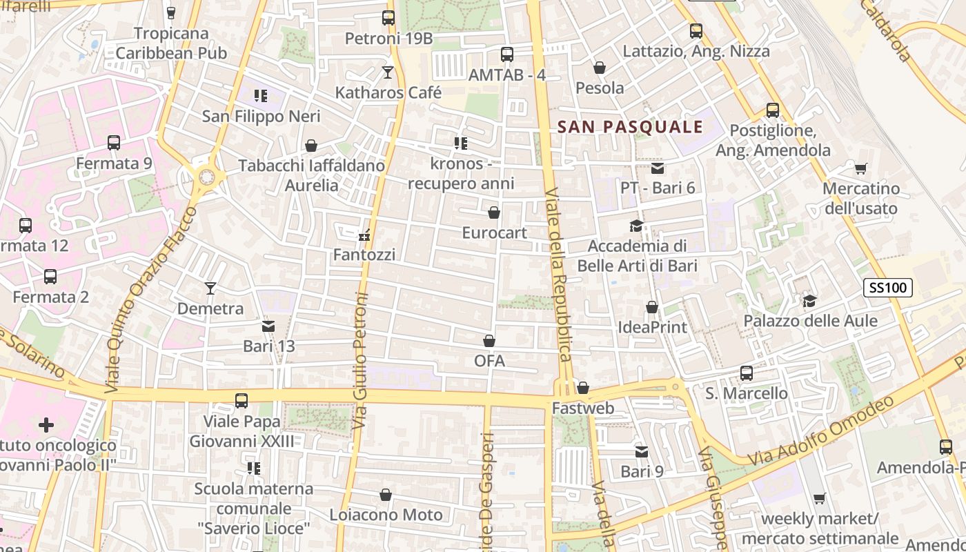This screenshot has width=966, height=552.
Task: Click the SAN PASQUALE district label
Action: click(630, 127)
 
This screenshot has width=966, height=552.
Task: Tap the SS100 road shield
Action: click(888, 288)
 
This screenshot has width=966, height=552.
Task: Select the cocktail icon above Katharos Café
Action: click(388, 72)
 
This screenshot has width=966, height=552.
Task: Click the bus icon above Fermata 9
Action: click(114, 143)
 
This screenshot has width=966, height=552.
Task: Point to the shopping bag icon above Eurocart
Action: click(494, 213)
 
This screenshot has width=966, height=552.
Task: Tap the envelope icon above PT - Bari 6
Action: click(657, 168)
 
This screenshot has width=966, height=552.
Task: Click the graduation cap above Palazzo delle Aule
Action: click(809, 301)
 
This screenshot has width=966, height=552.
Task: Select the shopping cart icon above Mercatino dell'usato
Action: click(860, 168)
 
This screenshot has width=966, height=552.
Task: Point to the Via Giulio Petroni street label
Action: click(360, 360)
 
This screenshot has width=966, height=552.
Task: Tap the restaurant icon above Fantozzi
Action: click(364, 236)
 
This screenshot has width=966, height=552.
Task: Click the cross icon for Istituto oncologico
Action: click(46, 424)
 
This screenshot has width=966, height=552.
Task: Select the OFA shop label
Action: click(489, 361)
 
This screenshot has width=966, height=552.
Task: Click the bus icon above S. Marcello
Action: click(746, 373)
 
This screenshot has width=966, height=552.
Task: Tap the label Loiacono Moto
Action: click(386, 515)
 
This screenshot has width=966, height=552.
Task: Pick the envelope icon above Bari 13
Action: click(268, 326)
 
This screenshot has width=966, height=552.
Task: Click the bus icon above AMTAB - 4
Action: click(507, 55)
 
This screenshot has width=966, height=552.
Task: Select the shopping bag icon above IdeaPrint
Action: click(652, 307)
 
